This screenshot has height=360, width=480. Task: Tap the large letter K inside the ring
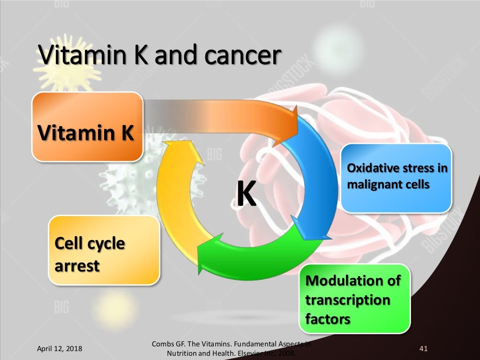click(x=246, y=195)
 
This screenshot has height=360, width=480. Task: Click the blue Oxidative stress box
click(x=396, y=178)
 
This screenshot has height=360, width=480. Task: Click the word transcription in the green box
click(x=347, y=300)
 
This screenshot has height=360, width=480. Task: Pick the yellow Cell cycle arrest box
click(x=104, y=250)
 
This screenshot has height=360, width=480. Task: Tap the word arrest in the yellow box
click(x=77, y=266)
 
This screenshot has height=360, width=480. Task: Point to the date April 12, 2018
click(x=60, y=349)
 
